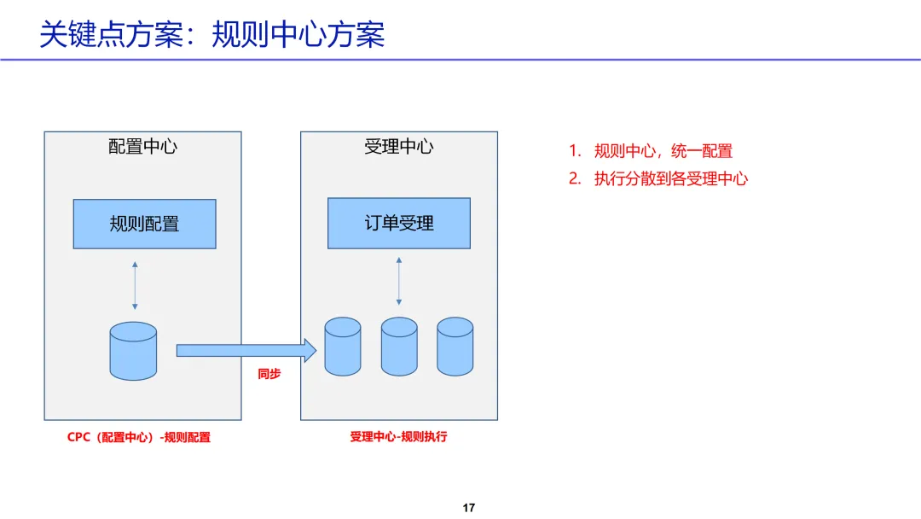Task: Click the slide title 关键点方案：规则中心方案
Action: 212,34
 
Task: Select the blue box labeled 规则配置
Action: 144,225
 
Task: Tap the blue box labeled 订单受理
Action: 399,224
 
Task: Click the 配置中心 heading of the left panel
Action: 142,146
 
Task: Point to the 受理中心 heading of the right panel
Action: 398,146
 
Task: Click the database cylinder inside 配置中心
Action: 134,351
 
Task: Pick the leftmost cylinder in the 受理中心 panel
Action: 343,347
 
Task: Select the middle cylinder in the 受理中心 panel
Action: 399,347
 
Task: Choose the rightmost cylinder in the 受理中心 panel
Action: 455,347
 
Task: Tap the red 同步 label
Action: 269,374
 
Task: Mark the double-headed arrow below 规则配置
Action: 135,286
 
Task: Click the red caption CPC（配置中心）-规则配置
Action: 139,437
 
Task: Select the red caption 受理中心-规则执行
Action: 398,436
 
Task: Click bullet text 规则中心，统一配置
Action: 663,151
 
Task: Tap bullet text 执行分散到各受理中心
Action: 671,178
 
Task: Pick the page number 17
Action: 469,508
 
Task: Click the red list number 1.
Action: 575,151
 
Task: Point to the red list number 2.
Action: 575,178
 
